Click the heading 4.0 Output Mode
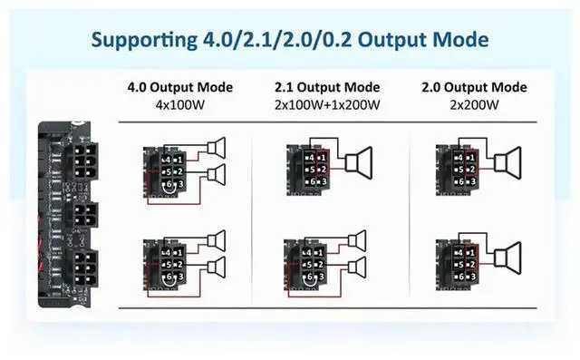[x=180, y=88]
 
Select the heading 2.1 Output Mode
[x=326, y=88]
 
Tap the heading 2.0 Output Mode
[x=473, y=88]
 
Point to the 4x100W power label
[x=180, y=104]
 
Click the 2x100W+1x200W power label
[x=326, y=104]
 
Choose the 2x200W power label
[x=473, y=104]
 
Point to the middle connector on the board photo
[x=83, y=216]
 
